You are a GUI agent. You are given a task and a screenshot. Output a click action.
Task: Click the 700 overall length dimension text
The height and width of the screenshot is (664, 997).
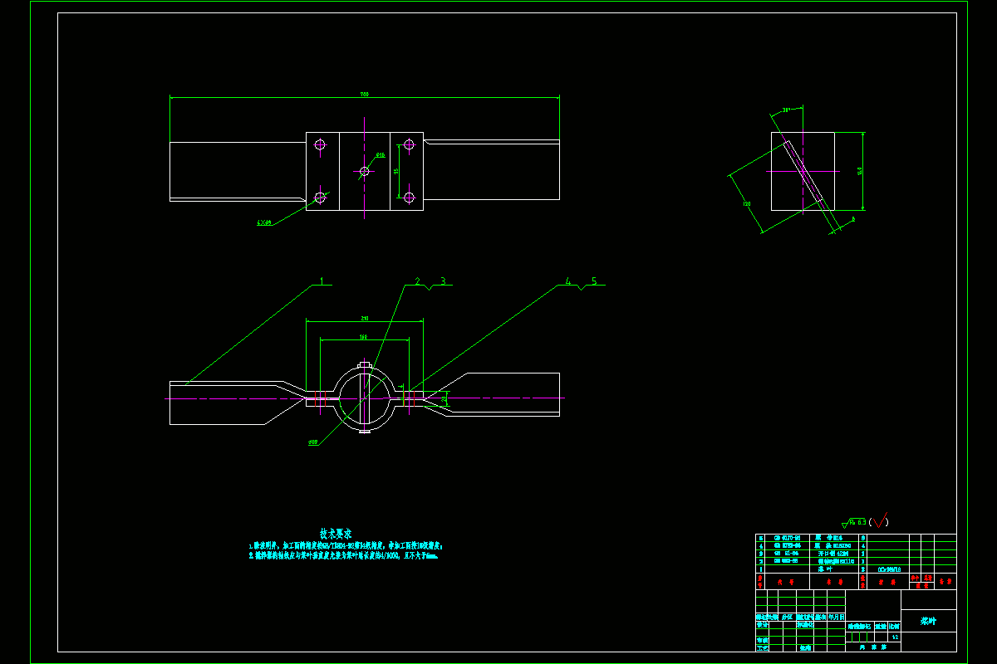363,95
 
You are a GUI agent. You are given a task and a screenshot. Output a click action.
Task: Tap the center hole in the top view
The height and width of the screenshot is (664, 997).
364,171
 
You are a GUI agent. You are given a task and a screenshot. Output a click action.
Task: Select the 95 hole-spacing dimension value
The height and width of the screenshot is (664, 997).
396,171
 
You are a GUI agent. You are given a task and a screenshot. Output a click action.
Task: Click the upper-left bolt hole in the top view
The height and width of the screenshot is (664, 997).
320,144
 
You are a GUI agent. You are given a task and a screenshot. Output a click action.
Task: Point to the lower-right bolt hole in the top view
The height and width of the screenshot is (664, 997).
408,198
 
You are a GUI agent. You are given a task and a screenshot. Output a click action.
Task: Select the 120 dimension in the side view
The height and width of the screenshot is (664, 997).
746,203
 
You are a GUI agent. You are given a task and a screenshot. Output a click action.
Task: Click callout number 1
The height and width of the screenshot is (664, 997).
322,281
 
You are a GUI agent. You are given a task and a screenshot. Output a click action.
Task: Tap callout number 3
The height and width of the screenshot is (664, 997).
443,281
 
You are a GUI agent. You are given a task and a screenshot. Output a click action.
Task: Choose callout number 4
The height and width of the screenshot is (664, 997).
568,281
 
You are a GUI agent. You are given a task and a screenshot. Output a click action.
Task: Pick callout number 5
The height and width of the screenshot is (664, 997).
594,281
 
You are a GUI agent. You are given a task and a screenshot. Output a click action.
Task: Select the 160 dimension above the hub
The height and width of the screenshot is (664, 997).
364,337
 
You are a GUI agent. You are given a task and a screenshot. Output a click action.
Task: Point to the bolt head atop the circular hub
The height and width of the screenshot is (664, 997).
364,365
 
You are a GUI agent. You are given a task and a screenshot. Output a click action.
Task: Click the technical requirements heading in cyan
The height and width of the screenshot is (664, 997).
336,533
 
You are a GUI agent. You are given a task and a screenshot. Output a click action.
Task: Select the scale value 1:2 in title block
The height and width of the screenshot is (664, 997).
894,637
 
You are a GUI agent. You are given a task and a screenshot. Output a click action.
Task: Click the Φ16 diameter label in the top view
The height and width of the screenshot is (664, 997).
381,155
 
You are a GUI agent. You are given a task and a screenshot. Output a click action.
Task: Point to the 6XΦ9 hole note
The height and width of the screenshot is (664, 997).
264,222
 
